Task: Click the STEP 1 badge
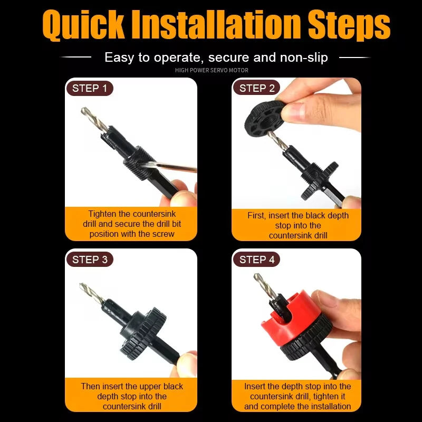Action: (x=89, y=88)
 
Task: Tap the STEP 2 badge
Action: (x=256, y=88)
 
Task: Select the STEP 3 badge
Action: (x=89, y=259)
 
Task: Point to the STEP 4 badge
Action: (x=256, y=259)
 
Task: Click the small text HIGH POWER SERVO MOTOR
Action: (x=211, y=70)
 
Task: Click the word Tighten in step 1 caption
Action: (x=103, y=214)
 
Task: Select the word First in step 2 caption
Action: (x=257, y=216)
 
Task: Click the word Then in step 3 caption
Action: (x=90, y=386)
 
